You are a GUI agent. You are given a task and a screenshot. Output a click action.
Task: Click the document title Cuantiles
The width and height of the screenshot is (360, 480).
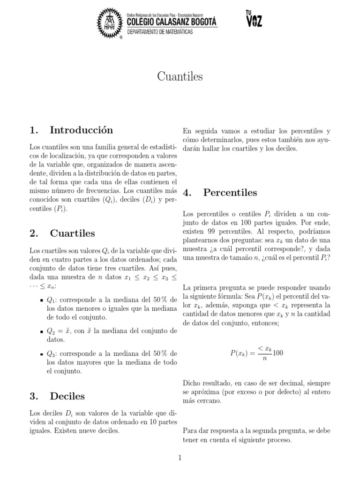point(180,77)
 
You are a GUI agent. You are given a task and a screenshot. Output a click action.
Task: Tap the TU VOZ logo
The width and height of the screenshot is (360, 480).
point(253,19)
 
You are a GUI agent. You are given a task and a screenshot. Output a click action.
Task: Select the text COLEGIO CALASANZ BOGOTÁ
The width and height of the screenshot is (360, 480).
point(172,21)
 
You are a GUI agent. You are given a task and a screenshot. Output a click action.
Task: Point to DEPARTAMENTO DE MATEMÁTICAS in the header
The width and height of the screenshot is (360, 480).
point(159,31)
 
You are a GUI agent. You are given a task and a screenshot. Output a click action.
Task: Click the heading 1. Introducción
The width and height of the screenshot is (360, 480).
point(71,130)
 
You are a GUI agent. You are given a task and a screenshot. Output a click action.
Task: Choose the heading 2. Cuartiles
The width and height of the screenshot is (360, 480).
point(62,233)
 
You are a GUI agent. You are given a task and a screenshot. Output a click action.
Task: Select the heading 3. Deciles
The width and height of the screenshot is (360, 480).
point(57,396)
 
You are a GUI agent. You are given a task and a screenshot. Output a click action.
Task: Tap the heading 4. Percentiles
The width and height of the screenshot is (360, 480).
point(220,193)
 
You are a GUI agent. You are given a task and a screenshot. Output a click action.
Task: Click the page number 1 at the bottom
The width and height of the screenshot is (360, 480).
point(180,458)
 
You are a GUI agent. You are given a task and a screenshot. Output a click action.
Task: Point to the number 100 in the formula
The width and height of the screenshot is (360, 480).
point(278,353)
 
